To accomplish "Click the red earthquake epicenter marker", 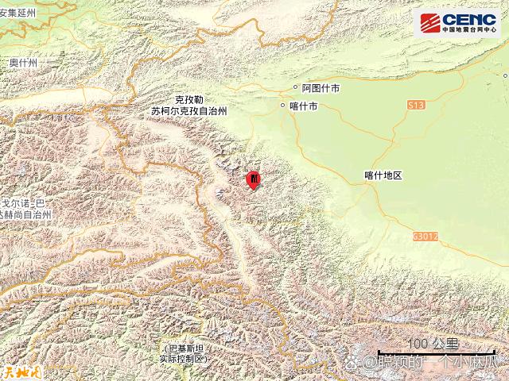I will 253,180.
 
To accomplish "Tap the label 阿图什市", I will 321,90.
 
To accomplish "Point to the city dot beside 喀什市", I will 283,105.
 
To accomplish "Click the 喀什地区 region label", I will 383,175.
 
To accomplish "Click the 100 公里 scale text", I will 433,342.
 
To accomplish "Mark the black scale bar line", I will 434,352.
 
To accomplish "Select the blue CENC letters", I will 469,19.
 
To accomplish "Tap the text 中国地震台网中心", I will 469,31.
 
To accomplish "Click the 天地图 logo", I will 17,370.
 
